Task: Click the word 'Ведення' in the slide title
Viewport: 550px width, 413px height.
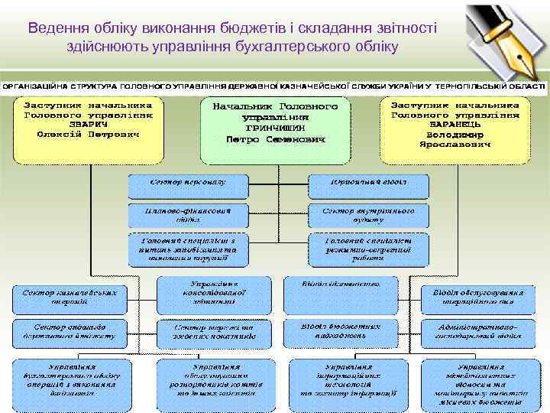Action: [56, 28]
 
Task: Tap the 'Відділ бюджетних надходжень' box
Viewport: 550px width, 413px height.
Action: [341, 331]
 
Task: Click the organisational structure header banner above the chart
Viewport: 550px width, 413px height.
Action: [275, 86]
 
